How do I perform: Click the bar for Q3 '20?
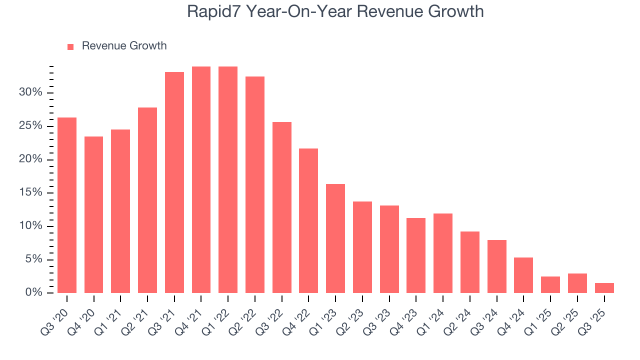coord(67,205)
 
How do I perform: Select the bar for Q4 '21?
coord(201,179)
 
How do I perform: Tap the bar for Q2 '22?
coord(255,184)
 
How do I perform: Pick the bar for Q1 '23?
coord(335,238)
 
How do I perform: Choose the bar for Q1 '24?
coord(443,253)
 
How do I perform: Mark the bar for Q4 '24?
coord(523,275)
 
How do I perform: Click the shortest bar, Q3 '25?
coord(604,288)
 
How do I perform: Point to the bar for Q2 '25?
coord(577,283)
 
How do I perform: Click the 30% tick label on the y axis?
coord(30,93)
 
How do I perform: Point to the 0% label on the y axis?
coord(33,293)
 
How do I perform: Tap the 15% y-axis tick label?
coord(30,193)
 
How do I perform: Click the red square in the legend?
coord(70,46)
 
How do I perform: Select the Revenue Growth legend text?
coord(124,46)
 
